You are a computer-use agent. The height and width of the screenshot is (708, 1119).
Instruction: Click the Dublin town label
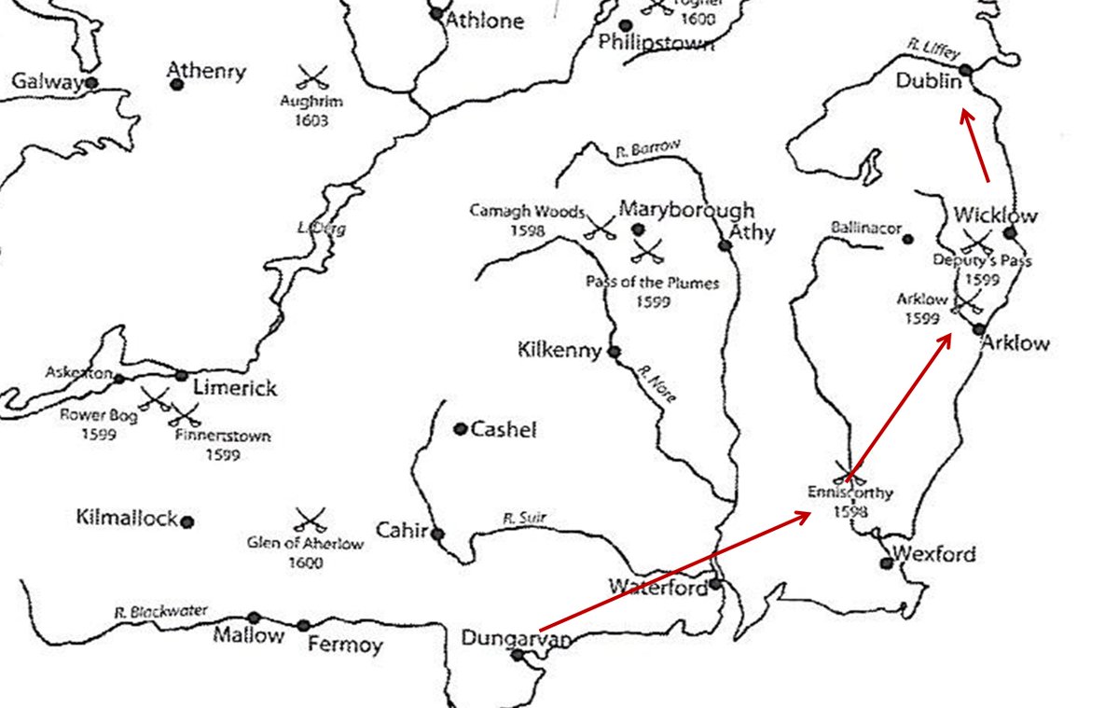[928, 82]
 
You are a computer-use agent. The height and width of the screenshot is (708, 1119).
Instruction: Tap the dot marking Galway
[91, 83]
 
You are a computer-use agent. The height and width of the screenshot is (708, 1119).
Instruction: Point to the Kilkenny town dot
[614, 352]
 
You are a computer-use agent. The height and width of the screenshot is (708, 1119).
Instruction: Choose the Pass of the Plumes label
[652, 283]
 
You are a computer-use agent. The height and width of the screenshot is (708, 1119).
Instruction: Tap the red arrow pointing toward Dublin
[975, 145]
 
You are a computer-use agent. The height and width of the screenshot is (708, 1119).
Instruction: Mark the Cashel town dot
[460, 429]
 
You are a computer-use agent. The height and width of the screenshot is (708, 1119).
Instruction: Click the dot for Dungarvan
[518, 655]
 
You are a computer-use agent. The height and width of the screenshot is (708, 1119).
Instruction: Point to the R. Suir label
[523, 517]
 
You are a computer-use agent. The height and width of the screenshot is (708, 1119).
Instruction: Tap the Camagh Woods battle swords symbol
[598, 227]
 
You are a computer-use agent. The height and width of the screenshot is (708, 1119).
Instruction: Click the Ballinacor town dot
[907, 239]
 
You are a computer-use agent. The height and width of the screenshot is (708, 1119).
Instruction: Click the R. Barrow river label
[649, 147]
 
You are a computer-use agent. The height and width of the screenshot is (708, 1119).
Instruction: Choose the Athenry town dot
[176, 85]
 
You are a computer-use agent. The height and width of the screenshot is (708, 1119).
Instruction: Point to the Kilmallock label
[127, 519]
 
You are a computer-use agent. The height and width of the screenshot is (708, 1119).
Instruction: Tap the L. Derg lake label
[310, 228]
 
